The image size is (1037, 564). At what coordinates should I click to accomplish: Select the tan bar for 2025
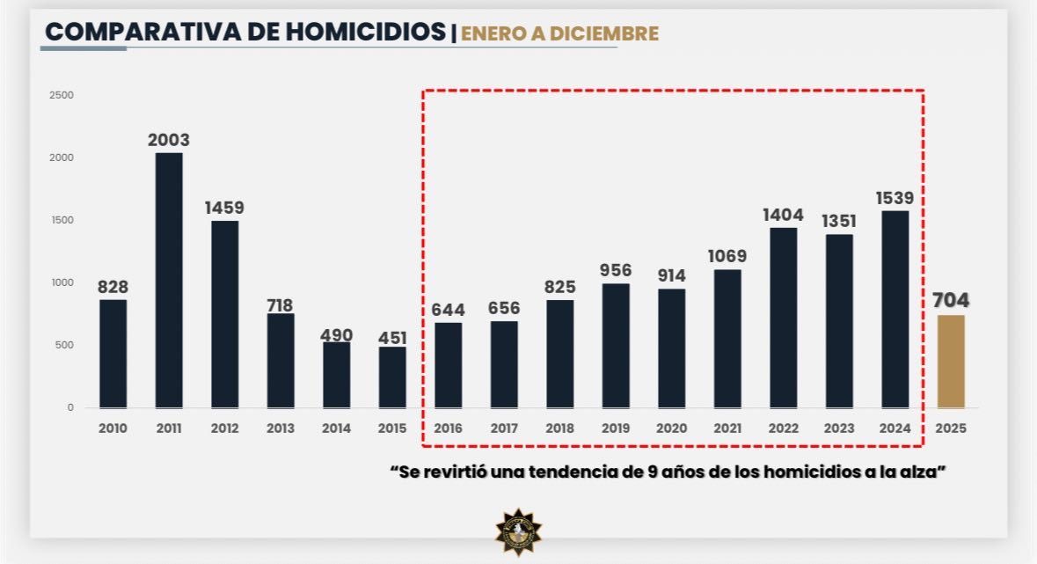(951, 362)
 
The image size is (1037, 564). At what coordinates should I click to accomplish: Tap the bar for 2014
(336, 375)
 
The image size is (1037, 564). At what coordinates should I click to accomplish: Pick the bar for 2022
(783, 318)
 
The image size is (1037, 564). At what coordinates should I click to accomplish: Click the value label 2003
(169, 140)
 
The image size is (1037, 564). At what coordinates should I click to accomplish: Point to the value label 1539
(895, 197)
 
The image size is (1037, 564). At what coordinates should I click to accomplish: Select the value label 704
(951, 301)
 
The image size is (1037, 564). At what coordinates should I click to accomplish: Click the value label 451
(392, 339)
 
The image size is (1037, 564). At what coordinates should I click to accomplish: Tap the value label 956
(616, 270)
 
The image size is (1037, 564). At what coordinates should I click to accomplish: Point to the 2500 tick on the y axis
(62, 95)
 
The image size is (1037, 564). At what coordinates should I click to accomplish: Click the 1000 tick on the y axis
(62, 282)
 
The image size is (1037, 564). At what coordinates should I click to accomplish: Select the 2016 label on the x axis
(449, 428)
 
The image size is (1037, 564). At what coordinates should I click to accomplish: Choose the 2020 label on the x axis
(671, 428)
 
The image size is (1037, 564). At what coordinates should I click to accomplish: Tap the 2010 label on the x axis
(113, 428)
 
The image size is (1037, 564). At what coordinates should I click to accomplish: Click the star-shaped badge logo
(518, 531)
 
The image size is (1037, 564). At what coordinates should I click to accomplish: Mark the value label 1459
(224, 209)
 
